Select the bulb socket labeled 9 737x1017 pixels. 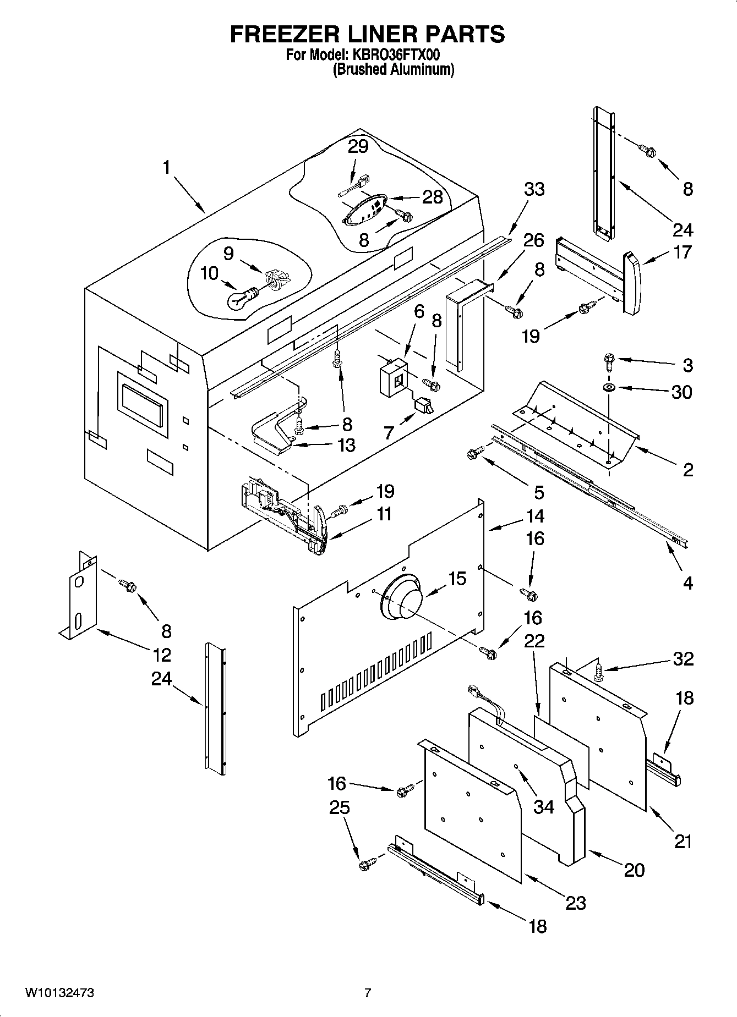coord(276,279)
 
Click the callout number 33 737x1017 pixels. coord(534,189)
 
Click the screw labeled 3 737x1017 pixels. coord(609,359)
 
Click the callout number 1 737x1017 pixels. coord(166,167)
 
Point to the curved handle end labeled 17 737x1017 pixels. coord(633,283)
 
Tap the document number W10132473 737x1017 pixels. coord(59,993)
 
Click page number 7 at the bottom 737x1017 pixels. coord(367,993)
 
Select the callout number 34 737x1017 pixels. coord(544,807)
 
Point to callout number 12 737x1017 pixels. coord(162,655)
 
